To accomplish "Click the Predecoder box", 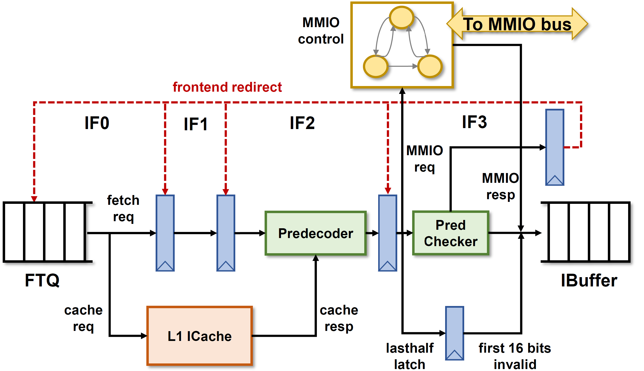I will coord(315,233).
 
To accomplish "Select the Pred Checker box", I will coord(450,233).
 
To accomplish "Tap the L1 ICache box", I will coord(199,336).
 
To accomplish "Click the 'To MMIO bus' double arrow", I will coord(517,24).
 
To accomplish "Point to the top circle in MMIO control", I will coord(402,17).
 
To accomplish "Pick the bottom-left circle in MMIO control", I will coord(375,66).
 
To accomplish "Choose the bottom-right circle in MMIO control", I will coord(429,66).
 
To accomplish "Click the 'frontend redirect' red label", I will coord(227,87).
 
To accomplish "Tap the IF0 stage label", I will coord(97,123).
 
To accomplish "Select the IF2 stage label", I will coord(302,123).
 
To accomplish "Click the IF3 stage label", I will coord(474,122).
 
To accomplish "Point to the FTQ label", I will coord(42,280).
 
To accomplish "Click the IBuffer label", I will coord(589,281).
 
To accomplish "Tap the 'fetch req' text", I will coord(123,208).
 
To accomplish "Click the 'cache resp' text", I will coord(339,318).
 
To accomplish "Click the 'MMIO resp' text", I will coord(500,186).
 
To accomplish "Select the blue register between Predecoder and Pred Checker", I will coord(387,233).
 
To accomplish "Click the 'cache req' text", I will coord(83,318).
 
